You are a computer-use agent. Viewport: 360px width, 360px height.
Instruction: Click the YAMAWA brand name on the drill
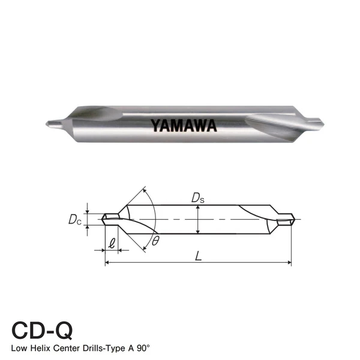click(x=183, y=126)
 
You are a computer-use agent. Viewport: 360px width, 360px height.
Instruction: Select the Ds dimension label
click(x=197, y=197)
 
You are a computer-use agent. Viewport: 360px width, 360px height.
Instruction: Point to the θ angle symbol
click(x=155, y=241)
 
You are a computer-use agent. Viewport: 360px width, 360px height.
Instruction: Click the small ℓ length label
click(x=112, y=244)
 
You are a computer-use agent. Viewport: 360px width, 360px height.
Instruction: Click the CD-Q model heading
click(x=42, y=331)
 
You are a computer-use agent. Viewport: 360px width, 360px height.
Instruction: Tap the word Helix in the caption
click(x=47, y=349)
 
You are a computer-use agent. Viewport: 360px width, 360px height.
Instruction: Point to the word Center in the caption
click(x=76, y=349)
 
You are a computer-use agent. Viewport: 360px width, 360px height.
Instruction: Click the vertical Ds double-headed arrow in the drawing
click(x=197, y=219)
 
